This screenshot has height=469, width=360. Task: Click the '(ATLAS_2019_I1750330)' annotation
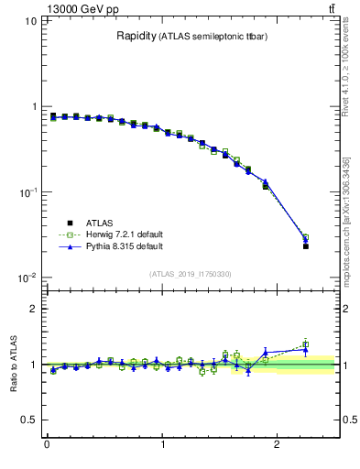pyautogui.click(x=190, y=274)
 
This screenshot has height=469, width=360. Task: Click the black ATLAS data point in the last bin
pyautogui.click(x=306, y=246)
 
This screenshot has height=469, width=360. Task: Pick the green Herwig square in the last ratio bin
pyautogui.click(x=306, y=345)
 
